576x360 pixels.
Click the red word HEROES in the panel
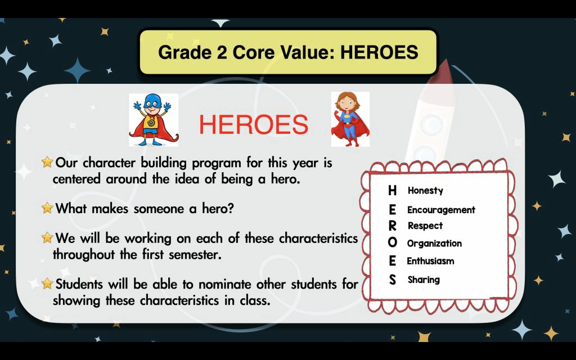pyautogui.click(x=254, y=124)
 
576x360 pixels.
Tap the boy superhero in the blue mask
pyautogui.click(x=153, y=120)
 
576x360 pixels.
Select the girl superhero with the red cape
pyautogui.click(x=350, y=119)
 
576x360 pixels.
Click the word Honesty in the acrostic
pyautogui.click(x=425, y=190)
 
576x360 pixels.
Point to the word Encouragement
pyautogui.click(x=441, y=210)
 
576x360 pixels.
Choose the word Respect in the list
pyautogui.click(x=425, y=226)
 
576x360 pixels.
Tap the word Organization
pyautogui.click(x=434, y=243)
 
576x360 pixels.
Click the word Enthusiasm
pyautogui.click(x=430, y=261)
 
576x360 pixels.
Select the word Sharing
pyautogui.click(x=424, y=280)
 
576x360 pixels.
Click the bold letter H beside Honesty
pyautogui.click(x=392, y=190)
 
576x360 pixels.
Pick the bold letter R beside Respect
pyautogui.click(x=392, y=226)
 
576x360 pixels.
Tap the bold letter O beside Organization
pyautogui.click(x=392, y=242)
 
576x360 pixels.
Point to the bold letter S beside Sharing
pyautogui.click(x=392, y=280)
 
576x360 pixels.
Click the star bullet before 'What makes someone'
pyautogui.click(x=47, y=208)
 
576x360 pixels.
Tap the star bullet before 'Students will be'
pyautogui.click(x=47, y=283)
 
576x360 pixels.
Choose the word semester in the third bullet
pyautogui.click(x=195, y=255)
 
